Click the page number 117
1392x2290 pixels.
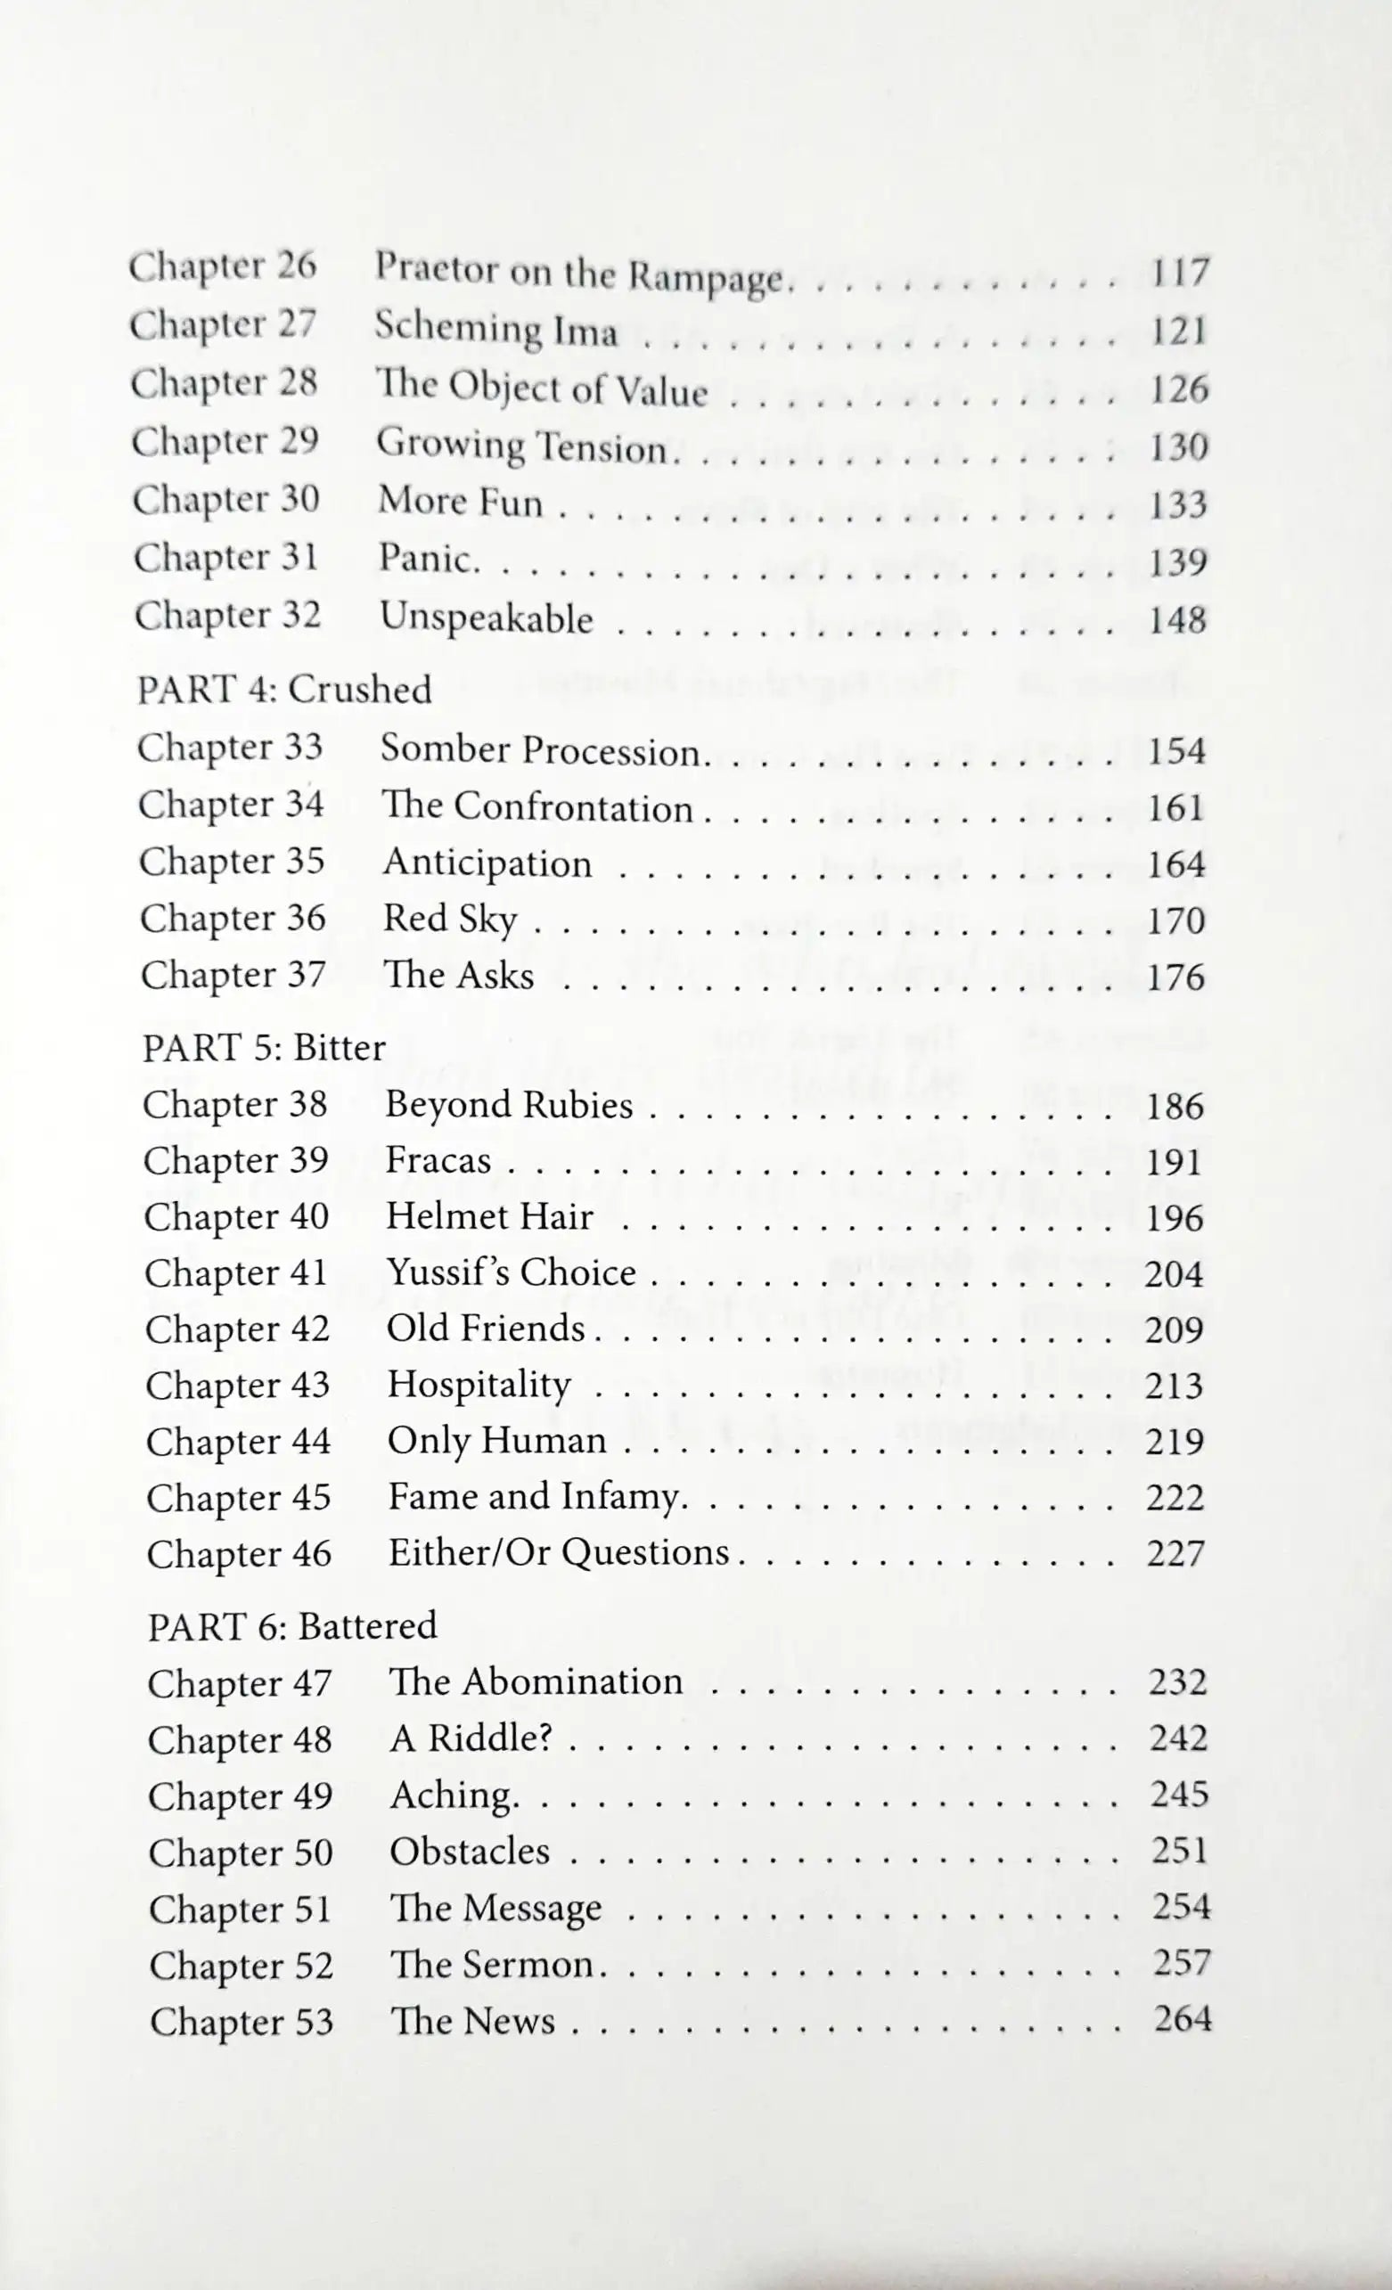(x=1179, y=273)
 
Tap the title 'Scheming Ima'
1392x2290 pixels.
(x=496, y=330)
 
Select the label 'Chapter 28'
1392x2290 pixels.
(x=224, y=383)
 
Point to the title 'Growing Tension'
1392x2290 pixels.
(x=522, y=446)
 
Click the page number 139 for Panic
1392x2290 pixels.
(x=1177, y=561)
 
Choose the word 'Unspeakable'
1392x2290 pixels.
(x=486, y=617)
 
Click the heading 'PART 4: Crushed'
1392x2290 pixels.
(x=284, y=690)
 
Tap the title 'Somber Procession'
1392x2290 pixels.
(x=540, y=750)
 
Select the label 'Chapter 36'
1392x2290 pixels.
(x=233, y=919)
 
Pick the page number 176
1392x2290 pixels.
(x=1175, y=977)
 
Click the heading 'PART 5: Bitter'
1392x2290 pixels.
(x=264, y=1047)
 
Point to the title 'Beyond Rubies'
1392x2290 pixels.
(x=509, y=1104)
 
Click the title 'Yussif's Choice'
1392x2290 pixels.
(x=511, y=1272)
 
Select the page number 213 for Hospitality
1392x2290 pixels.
(x=1174, y=1385)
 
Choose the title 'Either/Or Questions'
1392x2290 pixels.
(x=559, y=1552)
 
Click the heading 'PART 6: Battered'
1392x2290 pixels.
(x=291, y=1625)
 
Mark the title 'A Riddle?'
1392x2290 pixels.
(x=471, y=1737)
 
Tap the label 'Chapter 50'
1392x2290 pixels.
(x=241, y=1852)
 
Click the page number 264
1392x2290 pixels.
(x=1182, y=2018)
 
